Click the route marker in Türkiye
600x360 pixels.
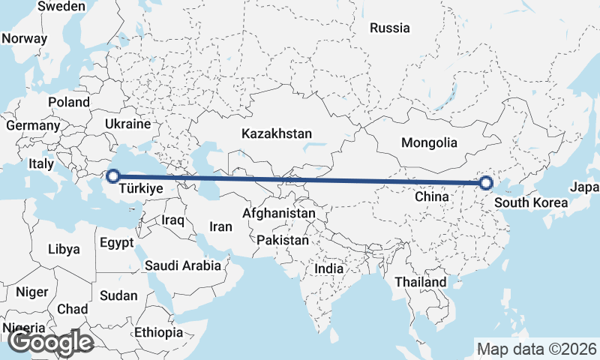pos(112,176)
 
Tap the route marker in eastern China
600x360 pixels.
pos(486,182)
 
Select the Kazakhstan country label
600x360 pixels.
pos(276,133)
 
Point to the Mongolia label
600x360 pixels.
pos(429,142)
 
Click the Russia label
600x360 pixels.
pos(390,28)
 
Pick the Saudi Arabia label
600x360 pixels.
pos(183,265)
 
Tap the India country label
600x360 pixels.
pos(328,268)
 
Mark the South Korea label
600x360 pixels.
pos(531,202)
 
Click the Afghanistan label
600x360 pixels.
pos(279,213)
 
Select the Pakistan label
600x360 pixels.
pos(283,240)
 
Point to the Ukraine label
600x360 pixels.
pos(127,124)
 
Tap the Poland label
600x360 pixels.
pos(68,102)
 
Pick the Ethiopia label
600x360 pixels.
pos(159,332)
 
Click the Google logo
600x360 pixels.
pos(51,342)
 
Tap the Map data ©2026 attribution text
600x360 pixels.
pos(537,349)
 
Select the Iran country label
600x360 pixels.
pos(220,226)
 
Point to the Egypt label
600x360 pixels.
pos(116,242)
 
